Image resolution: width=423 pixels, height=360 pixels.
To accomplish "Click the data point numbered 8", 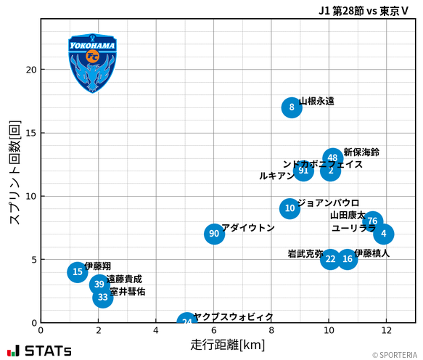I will [291, 107].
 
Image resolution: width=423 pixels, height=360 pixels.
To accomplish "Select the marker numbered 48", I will [332, 157].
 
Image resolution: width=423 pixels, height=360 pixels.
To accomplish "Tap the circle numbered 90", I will [213, 234].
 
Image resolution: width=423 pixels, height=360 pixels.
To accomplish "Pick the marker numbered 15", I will [78, 271].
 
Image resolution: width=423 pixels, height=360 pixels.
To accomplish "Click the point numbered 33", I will [103, 297].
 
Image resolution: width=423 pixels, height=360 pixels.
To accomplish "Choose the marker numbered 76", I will [372, 221].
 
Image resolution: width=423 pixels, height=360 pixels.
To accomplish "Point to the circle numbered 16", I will [348, 259].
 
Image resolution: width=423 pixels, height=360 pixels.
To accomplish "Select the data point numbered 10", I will [289, 208].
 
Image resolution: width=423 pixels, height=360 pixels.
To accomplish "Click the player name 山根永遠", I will [317, 102].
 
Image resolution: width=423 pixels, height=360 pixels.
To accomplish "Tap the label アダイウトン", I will [248, 228].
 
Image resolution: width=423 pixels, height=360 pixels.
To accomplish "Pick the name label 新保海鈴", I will [361, 152].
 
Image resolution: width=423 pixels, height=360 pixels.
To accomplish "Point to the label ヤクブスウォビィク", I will [234, 317].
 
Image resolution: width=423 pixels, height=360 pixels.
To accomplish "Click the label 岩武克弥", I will [305, 254].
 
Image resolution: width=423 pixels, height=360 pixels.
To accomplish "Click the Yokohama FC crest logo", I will [92, 62].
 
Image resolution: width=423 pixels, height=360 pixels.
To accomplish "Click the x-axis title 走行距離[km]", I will [227, 343].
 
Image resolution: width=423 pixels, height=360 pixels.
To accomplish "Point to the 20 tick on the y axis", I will [31, 70].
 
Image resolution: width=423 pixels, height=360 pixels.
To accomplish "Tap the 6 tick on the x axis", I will [213, 330].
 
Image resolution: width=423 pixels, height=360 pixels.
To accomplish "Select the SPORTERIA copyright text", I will [395, 355].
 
